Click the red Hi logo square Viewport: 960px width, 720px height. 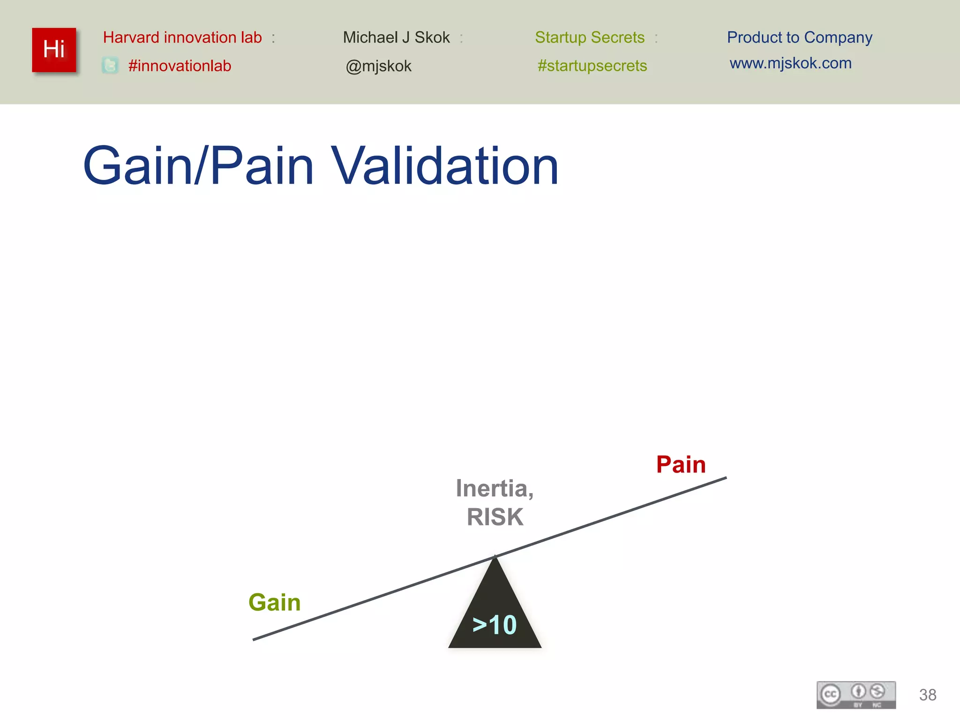54,50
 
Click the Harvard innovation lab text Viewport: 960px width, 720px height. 182,37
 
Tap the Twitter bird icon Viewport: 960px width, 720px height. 110,66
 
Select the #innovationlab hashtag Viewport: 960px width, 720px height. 180,66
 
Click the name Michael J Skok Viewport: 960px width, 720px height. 396,37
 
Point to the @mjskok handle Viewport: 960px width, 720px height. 378,66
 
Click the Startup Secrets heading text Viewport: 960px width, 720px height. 590,37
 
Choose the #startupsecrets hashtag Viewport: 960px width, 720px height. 592,66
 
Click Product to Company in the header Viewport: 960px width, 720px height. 799,37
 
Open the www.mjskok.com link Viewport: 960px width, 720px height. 790,63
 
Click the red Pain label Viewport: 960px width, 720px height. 681,465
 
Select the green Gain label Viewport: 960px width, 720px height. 274,602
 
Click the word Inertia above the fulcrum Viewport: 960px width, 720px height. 492,488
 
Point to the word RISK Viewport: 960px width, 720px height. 495,517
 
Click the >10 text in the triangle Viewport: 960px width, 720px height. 495,625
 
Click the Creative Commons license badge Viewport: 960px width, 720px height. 856,695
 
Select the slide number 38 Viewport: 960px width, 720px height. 928,695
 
